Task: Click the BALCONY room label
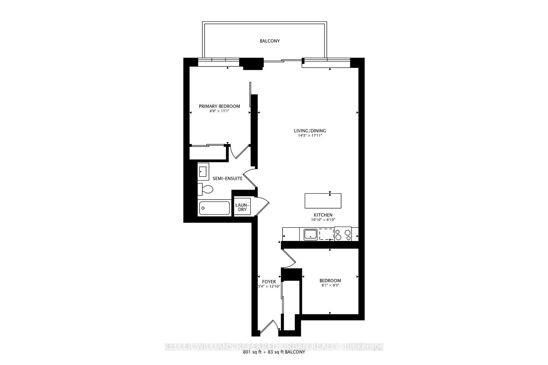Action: (x=269, y=41)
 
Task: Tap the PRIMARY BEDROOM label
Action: (x=219, y=106)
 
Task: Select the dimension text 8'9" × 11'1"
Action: (x=219, y=111)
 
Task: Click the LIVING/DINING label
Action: (x=310, y=131)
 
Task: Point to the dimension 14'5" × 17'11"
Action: (x=310, y=136)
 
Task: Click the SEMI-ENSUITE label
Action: (x=227, y=179)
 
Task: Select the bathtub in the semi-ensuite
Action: (x=214, y=208)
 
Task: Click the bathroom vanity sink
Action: (x=203, y=172)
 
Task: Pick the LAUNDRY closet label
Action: (x=242, y=207)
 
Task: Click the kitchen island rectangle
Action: (x=323, y=201)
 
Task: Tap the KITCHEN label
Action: (x=323, y=215)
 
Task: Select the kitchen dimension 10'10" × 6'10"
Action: (x=323, y=220)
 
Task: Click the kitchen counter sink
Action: (x=310, y=234)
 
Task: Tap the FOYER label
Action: (x=269, y=282)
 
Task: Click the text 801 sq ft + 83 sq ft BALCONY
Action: (x=274, y=352)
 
